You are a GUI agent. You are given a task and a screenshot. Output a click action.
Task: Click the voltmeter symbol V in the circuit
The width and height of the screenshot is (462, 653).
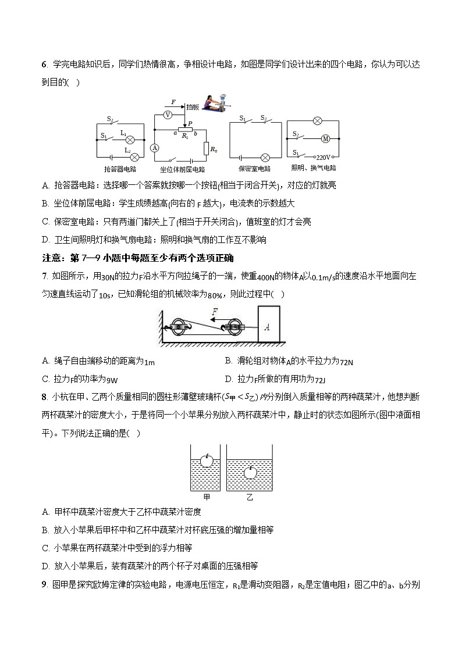(168, 115)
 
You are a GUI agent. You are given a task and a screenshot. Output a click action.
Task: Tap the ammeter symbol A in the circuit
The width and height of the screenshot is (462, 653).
(155, 148)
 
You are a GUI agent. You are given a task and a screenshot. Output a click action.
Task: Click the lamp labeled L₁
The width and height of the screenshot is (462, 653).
(131, 140)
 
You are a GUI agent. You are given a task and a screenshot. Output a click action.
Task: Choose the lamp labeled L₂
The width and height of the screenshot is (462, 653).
(134, 157)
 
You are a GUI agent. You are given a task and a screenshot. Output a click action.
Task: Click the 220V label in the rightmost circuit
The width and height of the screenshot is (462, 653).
(324, 157)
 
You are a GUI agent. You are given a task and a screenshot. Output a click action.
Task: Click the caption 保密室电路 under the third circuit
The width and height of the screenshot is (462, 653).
(254, 169)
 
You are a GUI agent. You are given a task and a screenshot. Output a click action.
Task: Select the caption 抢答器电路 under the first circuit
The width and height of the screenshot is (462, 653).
(120, 169)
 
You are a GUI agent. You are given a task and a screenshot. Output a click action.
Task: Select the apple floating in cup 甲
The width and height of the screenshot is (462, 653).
(207, 460)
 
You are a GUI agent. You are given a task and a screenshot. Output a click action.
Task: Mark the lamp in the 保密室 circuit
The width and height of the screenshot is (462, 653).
(265, 157)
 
